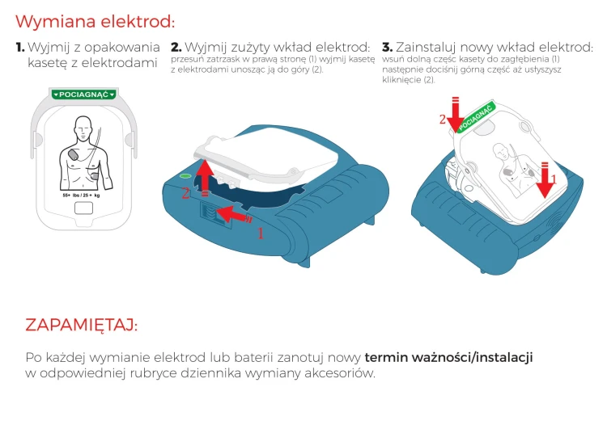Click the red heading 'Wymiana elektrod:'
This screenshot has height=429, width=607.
pyautogui.click(x=95, y=21)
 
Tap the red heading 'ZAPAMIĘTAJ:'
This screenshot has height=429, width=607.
pyautogui.click(x=81, y=325)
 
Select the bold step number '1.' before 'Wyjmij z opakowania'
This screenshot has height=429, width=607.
pyautogui.click(x=20, y=48)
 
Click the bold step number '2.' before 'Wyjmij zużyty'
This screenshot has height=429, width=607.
pyautogui.click(x=176, y=48)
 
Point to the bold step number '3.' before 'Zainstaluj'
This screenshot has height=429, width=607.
pyautogui.click(x=387, y=48)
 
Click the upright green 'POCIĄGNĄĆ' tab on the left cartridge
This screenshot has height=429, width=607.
pyautogui.click(x=83, y=95)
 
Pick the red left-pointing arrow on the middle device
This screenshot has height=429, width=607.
pyautogui.click(x=235, y=216)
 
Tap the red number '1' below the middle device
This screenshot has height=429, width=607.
pyautogui.click(x=260, y=233)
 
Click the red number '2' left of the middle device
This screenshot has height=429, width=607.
pyautogui.click(x=185, y=193)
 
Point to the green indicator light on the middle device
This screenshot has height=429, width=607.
pyautogui.click(x=185, y=175)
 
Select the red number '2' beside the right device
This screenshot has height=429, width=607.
pyautogui.click(x=442, y=120)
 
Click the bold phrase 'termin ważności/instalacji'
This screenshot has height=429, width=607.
pyautogui.click(x=448, y=357)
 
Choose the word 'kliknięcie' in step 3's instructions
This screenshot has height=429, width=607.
pyautogui.click(x=401, y=80)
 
